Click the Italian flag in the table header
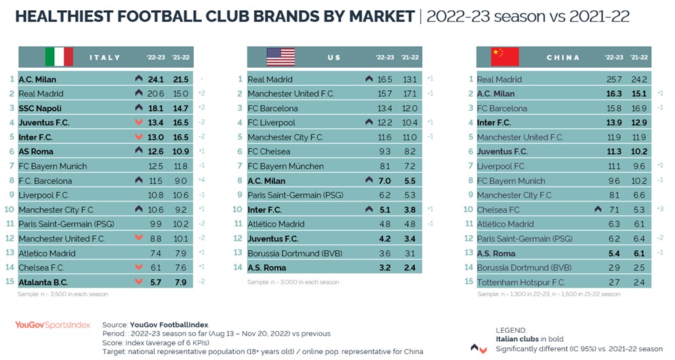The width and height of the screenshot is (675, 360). [59, 57]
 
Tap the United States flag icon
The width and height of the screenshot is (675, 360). [281, 57]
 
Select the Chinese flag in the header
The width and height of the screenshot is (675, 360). [505, 57]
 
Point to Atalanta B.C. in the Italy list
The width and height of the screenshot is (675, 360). [44, 281]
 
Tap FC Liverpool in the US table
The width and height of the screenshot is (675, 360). [272, 123]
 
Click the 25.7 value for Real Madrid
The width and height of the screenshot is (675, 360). [613, 79]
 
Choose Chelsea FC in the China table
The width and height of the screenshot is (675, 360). [498, 209]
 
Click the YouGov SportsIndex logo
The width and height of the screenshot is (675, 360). [52, 325]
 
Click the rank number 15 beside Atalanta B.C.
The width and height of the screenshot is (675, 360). [11, 281]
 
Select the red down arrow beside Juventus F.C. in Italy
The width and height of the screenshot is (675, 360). [139, 123]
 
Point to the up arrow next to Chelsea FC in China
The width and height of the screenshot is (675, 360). [598, 209]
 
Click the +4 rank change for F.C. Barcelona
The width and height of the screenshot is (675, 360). [202, 180]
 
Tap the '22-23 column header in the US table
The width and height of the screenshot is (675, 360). [385, 58]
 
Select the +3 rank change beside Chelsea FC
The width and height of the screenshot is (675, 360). [660, 209]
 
